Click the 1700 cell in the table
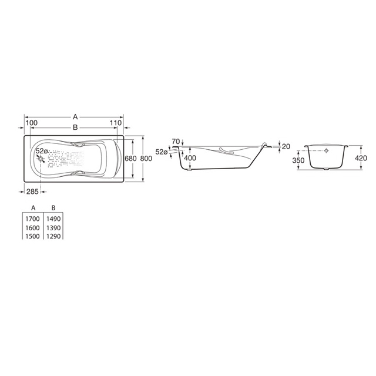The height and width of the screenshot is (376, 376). point(33,219)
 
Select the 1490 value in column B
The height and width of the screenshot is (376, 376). point(53,219)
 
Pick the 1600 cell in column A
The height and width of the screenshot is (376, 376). point(33,228)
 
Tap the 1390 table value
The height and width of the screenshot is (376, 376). point(53,228)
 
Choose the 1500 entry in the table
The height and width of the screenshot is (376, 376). point(33,236)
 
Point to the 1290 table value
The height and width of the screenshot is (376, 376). point(53,236)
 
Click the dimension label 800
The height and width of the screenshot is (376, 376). point(146,159)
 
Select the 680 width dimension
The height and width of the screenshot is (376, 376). point(131,159)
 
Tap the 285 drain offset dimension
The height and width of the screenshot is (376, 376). point(32,192)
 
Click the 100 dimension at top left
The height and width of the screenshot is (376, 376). point(32,123)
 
